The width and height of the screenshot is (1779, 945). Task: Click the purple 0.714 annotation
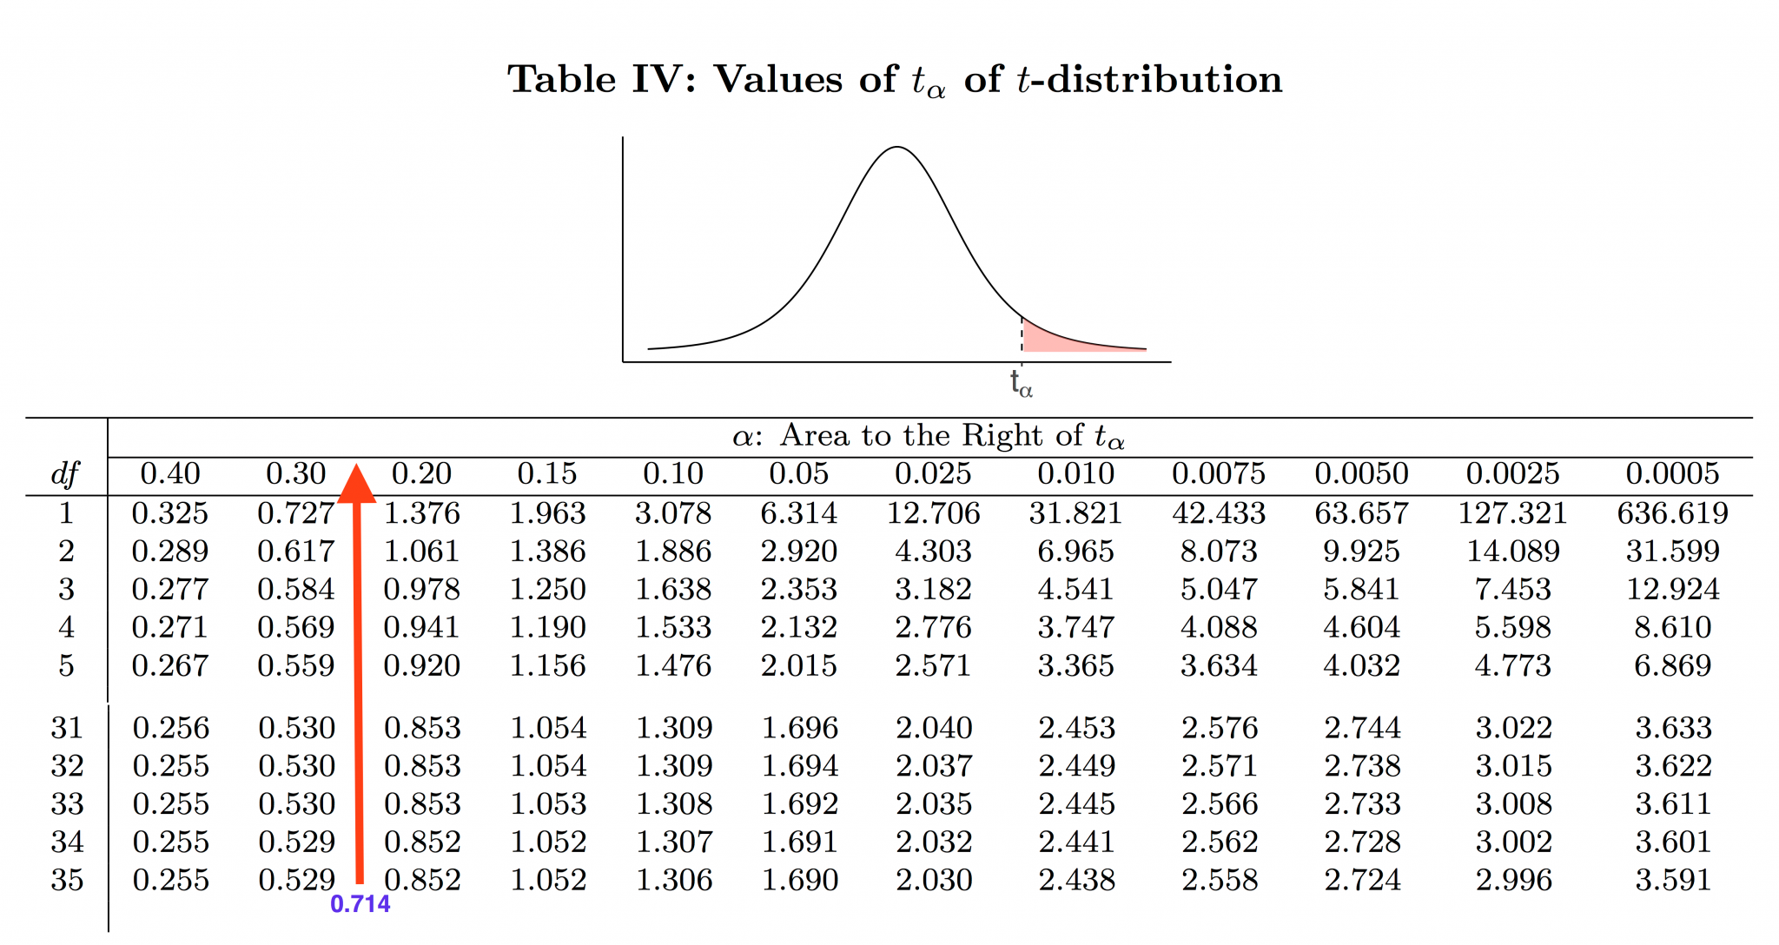click(360, 904)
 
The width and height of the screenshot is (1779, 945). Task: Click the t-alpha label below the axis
click(1022, 383)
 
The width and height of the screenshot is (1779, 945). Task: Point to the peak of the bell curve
click(897, 149)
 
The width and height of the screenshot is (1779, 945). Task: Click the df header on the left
click(65, 474)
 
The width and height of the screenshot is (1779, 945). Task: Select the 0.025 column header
click(933, 473)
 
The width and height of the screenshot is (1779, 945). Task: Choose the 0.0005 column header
click(1672, 473)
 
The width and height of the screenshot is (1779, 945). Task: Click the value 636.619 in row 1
click(1672, 513)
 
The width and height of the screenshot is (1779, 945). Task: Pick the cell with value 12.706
click(933, 513)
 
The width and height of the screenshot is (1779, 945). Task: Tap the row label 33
click(67, 804)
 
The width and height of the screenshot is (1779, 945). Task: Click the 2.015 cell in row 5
click(799, 666)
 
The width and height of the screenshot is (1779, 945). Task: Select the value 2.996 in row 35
click(1513, 881)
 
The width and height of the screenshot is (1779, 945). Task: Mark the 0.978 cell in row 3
click(422, 590)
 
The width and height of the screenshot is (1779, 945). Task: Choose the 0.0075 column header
click(1218, 473)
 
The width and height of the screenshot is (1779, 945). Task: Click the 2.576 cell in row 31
click(1220, 728)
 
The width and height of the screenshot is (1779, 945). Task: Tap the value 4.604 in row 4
click(1361, 628)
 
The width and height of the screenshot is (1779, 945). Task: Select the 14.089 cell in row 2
click(1513, 552)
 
